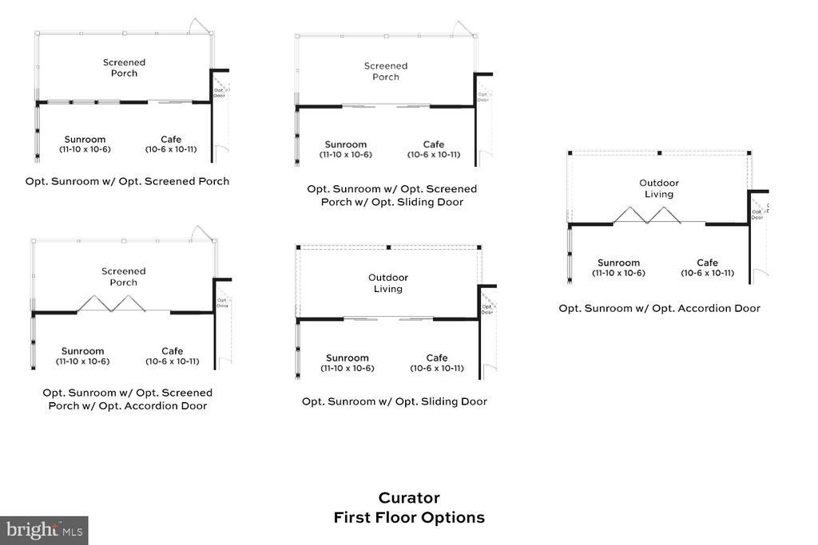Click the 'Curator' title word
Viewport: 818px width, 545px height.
coord(409,498)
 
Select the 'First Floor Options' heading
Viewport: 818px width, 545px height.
coord(409,517)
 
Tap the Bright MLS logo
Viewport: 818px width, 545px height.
coord(44,530)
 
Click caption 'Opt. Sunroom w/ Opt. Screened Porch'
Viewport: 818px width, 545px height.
coord(127,181)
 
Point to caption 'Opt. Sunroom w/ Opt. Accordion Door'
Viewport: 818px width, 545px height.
coord(659,308)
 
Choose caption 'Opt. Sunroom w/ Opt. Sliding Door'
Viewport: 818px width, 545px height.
coord(394,401)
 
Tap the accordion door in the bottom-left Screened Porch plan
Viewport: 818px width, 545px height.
coord(111,303)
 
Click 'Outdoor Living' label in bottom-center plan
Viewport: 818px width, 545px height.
coord(388,283)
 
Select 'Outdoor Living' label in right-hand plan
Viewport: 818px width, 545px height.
coord(659,188)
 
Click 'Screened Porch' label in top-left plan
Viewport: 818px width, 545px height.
coord(124,68)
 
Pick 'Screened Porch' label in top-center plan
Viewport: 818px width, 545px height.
coord(386,71)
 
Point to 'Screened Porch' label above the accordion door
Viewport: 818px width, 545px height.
coord(124,276)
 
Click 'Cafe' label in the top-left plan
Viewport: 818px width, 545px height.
coord(171,140)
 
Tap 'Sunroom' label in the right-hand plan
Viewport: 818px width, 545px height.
coord(618,263)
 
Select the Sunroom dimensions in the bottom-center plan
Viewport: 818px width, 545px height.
coord(347,369)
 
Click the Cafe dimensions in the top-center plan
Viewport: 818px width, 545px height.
coord(434,155)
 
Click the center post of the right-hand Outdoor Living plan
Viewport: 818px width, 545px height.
coord(659,152)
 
